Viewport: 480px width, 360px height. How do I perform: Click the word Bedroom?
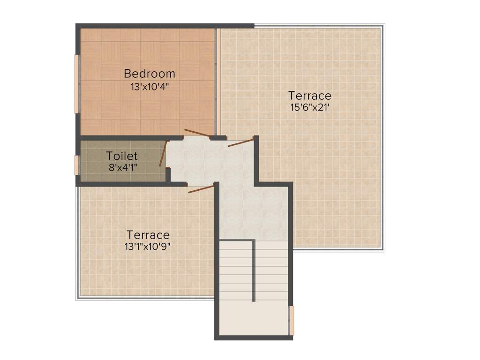point(150,74)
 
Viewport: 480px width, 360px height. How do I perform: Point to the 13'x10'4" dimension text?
point(150,86)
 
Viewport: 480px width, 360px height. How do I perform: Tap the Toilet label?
point(122,156)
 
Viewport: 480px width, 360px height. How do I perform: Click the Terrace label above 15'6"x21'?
point(310,96)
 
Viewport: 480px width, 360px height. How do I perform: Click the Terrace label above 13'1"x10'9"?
point(148,234)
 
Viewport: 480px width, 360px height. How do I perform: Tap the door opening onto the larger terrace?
point(241,142)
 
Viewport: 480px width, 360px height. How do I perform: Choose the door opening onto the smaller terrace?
point(201,189)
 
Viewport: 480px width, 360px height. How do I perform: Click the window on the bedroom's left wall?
point(77,84)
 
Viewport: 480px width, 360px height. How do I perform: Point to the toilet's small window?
point(77,165)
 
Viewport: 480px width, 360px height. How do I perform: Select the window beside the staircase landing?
point(292,321)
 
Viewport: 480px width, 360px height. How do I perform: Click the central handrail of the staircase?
point(254,270)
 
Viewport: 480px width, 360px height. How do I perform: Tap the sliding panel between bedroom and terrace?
point(218,82)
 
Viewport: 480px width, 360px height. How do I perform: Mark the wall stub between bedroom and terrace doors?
point(217,138)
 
